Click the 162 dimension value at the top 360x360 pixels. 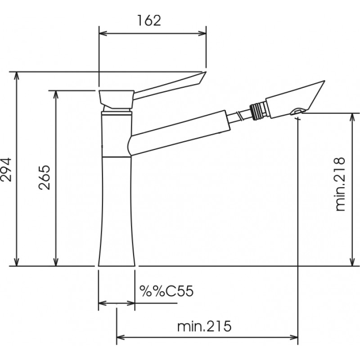pyautogui.click(x=149, y=20)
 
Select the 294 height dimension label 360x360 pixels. pyautogui.click(x=6, y=170)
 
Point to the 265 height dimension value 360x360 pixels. pyautogui.click(x=44, y=177)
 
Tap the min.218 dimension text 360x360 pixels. pyautogui.click(x=340, y=184)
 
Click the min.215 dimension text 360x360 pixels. pyautogui.click(x=204, y=326)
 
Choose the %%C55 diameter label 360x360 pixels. pyautogui.click(x=166, y=291)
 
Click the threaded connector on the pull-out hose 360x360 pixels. pyautogui.click(x=258, y=111)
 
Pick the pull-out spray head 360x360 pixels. pyautogui.click(x=295, y=99)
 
